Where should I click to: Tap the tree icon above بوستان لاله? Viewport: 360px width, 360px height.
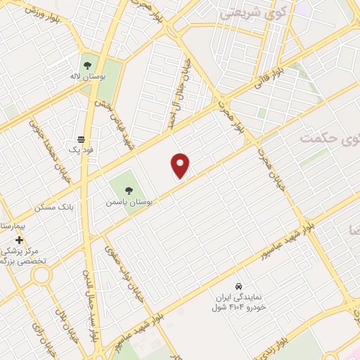[x=89, y=64]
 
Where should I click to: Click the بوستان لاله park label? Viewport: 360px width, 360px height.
[x=89, y=76]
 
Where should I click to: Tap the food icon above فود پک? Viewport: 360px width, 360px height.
[x=82, y=139]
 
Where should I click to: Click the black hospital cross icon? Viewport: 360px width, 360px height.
[x=19, y=240]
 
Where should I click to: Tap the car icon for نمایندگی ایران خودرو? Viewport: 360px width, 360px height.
[x=239, y=286]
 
